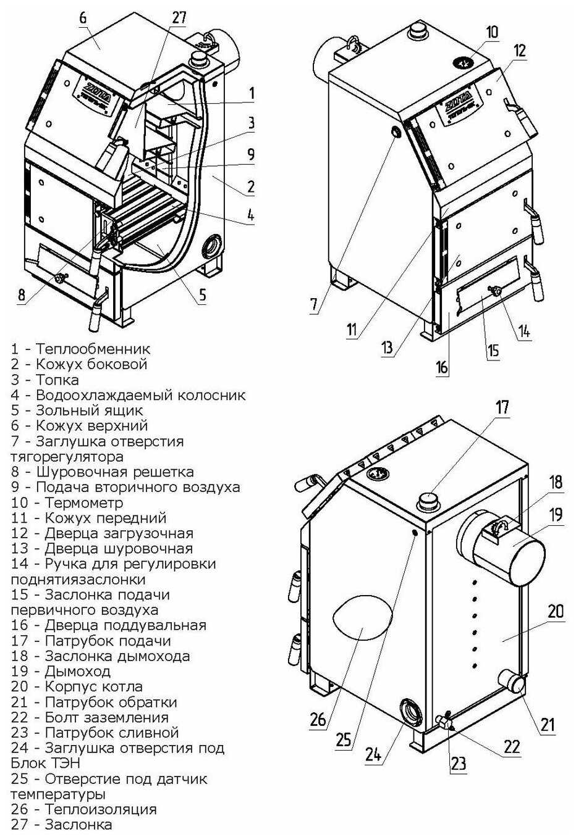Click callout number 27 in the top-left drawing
179,17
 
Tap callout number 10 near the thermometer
491,32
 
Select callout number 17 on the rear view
502,407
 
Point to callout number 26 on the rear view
318,719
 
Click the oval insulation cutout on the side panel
362,618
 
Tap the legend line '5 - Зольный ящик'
77,410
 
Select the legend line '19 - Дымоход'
61,671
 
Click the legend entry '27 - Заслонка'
62,825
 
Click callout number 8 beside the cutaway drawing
22,295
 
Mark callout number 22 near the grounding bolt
512,746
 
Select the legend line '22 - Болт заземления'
90,717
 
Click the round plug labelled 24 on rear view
410,712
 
